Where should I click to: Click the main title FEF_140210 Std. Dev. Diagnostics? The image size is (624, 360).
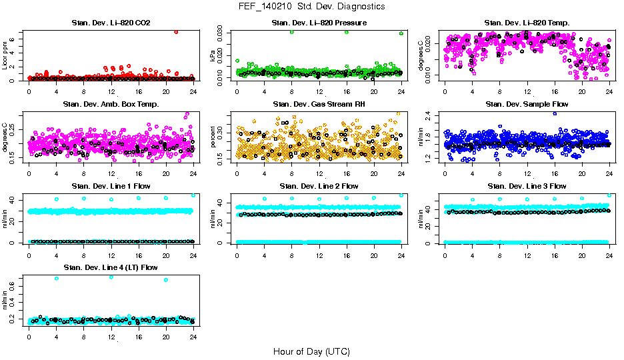tap(311, 6)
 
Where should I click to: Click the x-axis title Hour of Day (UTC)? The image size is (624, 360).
tap(311, 351)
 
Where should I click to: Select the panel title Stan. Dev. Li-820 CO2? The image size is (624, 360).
tap(111, 23)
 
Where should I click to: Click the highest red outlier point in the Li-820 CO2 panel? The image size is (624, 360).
tap(176, 31)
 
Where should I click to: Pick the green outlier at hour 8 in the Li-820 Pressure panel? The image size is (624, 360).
tap(292, 32)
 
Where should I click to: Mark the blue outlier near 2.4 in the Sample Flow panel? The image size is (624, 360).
tap(555, 113)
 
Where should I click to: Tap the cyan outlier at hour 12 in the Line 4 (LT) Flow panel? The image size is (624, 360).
tap(111, 277)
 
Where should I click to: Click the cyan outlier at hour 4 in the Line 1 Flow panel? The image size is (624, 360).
tap(57, 199)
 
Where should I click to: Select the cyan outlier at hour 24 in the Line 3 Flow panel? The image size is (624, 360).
tap(609, 195)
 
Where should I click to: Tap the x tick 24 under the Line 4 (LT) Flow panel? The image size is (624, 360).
tap(193, 337)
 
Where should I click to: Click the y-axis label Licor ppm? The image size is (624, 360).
tap(5, 55)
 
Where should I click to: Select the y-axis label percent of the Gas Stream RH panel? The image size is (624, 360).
tap(213, 137)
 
